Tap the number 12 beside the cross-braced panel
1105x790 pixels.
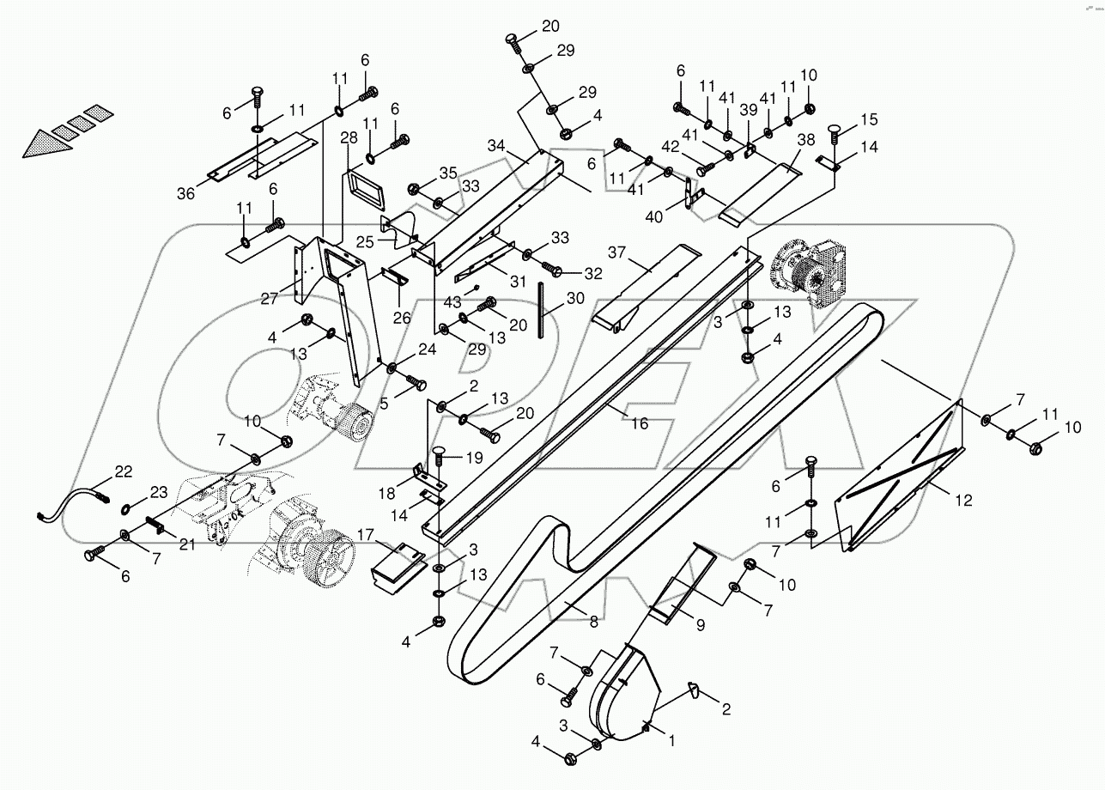964,501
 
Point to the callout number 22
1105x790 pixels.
124,471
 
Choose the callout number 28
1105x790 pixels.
348,138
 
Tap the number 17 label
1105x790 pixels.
367,535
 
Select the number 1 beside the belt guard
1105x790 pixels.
671,738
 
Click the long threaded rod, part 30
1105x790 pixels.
543,309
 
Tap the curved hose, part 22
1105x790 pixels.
73,504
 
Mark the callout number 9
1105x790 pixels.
700,626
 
